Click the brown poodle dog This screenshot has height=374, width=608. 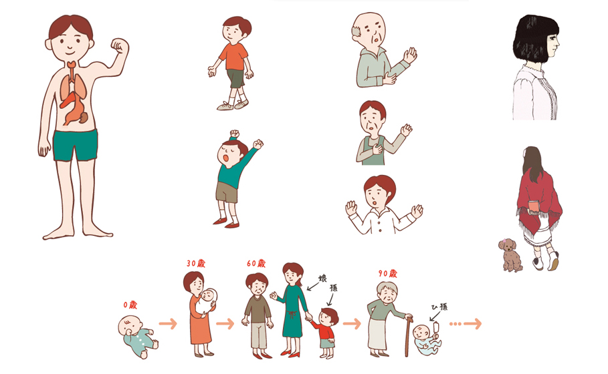coord(510,254)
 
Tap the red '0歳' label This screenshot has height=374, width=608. coord(130,305)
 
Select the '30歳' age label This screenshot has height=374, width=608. coord(196,263)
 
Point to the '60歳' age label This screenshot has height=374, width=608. coord(256,263)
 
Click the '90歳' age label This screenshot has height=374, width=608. coord(388,273)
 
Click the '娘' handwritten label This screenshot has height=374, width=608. coord(322,278)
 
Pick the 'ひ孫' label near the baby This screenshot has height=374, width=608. coord(439,307)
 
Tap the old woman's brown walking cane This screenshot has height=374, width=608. coord(407,336)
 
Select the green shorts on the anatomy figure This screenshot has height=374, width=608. coord(75,145)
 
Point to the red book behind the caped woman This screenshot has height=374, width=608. coord(534,206)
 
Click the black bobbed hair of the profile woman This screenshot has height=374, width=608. coord(535,39)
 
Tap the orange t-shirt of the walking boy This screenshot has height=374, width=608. coord(233,57)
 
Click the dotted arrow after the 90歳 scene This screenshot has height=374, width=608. coord(466,324)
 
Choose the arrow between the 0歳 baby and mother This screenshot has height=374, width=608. coord(167,324)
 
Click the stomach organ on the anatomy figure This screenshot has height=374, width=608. coord(74,110)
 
